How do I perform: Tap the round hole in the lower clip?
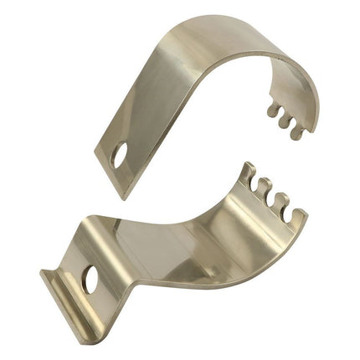[90, 280]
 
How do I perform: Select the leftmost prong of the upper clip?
[271, 109]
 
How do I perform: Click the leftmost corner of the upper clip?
[95, 150]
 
